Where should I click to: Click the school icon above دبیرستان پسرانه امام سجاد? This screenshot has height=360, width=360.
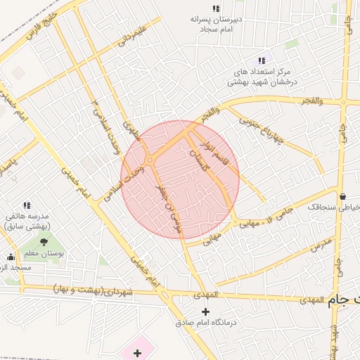216,8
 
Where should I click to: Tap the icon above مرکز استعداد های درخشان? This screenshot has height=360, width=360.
262,61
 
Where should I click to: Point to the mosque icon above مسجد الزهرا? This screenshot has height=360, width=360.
10,257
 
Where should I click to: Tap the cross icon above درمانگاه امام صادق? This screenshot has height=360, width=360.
205,311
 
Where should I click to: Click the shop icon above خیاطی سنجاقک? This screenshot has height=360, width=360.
342,196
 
